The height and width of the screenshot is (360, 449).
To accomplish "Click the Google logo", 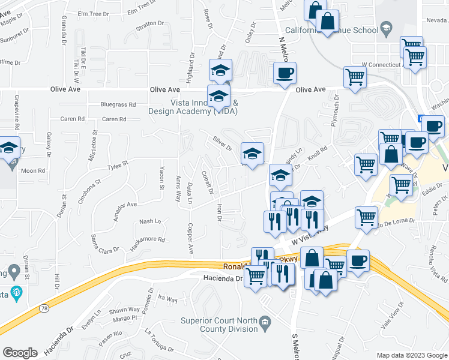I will [20, 353].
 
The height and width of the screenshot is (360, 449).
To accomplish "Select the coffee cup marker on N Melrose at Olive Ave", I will [285, 74].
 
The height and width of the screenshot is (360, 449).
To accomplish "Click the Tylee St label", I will [118, 164].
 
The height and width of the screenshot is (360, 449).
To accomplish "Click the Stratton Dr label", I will [149, 24].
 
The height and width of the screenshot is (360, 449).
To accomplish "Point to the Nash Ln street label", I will [150, 221].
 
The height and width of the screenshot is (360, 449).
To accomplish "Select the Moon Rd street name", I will [33, 170].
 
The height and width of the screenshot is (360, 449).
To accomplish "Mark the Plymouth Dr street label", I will [337, 109].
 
